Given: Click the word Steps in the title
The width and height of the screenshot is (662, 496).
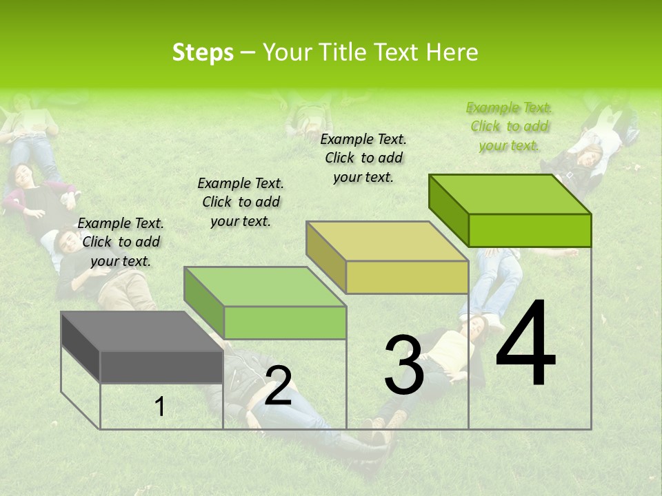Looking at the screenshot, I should click(203, 53).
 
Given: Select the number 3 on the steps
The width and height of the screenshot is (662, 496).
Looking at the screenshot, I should click(404, 365).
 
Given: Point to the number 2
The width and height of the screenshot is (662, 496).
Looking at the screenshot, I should click(278, 386).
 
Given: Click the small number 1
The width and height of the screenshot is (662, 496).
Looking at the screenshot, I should click(160, 407).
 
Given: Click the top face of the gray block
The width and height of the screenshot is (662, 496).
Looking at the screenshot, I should click(141, 331).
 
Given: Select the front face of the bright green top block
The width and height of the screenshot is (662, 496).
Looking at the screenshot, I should click(530, 230).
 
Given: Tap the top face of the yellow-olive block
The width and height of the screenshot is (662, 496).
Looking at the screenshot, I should click(387, 241).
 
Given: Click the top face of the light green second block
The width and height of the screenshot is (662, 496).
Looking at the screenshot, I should click(265, 287).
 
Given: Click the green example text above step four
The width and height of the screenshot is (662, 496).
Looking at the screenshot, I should click(509, 126).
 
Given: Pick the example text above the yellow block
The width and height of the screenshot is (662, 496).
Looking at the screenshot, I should click(363, 158).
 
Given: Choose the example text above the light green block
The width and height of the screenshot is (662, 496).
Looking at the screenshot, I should click(241, 202).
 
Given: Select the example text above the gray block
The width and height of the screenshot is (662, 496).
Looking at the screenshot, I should click(121, 242).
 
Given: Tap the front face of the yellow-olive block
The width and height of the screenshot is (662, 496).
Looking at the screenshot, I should click(407, 278).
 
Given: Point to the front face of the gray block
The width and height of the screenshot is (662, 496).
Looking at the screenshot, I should click(162, 366).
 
